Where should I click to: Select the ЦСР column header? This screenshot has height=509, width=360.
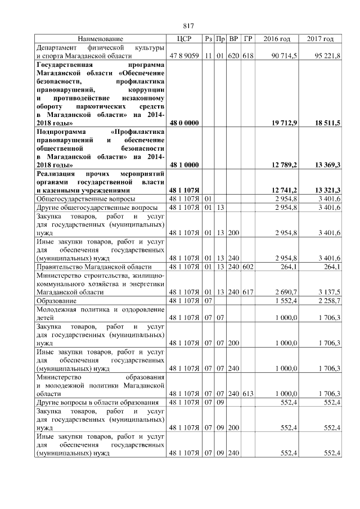click(x=184, y=39)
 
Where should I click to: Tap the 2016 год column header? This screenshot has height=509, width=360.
click(x=277, y=39)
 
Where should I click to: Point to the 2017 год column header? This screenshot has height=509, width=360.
click(x=320, y=39)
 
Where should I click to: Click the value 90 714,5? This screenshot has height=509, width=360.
click(x=284, y=56)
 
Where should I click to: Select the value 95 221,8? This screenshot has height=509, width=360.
click(x=327, y=56)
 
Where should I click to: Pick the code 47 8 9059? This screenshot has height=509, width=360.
click(x=184, y=56)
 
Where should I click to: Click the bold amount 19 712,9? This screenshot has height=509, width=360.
click(x=283, y=123)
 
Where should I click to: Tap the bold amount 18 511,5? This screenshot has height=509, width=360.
click(x=326, y=123)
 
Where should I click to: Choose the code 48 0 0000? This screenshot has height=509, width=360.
click(x=184, y=123)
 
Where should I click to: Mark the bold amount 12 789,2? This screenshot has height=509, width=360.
click(x=283, y=165)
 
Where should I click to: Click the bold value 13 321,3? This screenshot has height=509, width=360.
click(x=326, y=190)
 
